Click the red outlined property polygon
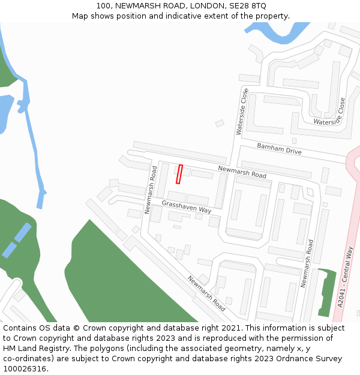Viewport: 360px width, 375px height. click(179, 174)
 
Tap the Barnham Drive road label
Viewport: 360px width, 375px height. click(279, 149)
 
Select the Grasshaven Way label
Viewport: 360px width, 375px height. click(187, 207)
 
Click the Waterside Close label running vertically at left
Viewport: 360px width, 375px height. click(241, 111)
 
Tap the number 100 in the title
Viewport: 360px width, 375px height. click(103, 5)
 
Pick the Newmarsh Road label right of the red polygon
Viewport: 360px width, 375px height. click(242, 173)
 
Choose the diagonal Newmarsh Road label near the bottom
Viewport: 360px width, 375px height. click(206, 293)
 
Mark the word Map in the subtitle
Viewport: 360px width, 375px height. click(81, 16)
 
